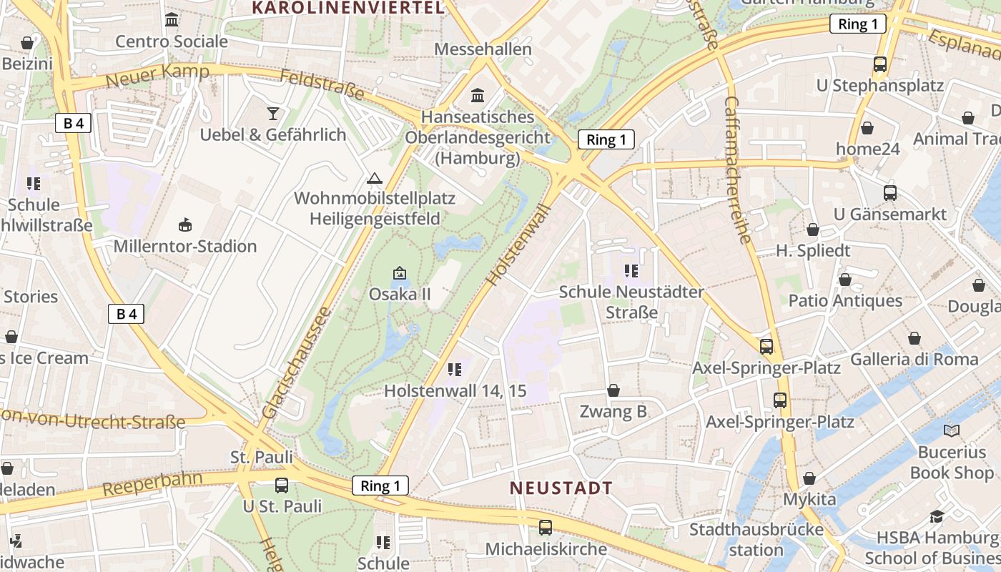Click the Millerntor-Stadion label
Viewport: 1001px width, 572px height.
tap(185, 247)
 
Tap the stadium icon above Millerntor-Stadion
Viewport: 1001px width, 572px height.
tap(185, 225)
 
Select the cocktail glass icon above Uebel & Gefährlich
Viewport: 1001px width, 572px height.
tap(273, 113)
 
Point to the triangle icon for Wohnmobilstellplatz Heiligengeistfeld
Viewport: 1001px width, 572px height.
tap(374, 178)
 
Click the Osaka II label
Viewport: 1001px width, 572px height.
tap(399, 294)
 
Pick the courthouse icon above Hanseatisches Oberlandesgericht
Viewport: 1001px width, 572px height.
tap(477, 95)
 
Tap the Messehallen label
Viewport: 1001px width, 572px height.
tap(483, 49)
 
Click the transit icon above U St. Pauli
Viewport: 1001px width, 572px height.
tap(282, 485)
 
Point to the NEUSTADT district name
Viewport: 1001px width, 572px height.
tap(561, 488)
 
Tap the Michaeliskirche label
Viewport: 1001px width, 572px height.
tap(546, 549)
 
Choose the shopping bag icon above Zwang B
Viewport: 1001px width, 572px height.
tap(613, 390)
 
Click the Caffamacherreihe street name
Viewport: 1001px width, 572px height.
tap(741, 169)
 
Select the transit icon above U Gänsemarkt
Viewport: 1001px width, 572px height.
tap(889, 193)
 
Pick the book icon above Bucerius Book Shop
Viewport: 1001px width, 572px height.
tap(951, 430)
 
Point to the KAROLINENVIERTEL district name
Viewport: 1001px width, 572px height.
tap(349, 8)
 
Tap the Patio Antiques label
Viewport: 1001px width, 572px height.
tap(845, 300)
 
